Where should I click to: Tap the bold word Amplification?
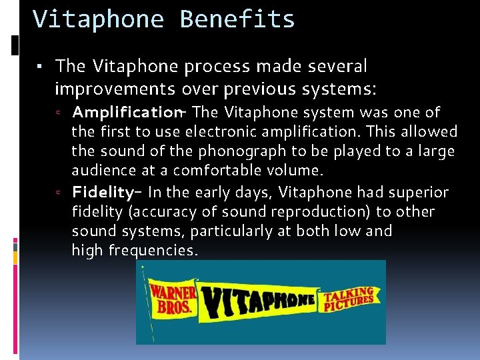[x=125, y=111]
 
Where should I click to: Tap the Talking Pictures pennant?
[x=348, y=300]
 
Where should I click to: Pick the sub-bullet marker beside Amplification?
[x=59, y=112]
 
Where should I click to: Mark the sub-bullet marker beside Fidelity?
[x=59, y=193]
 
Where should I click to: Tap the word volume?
[x=301, y=171]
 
